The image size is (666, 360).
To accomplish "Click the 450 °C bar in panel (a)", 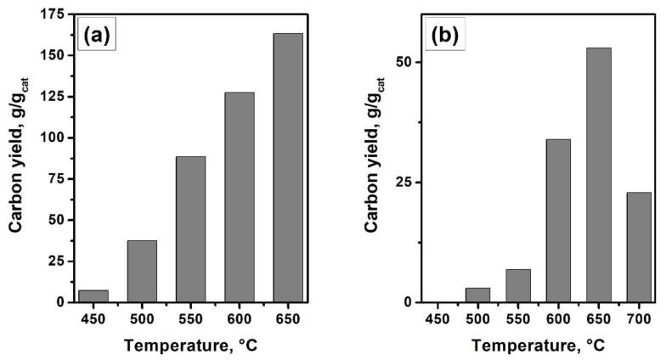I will tap(93, 295).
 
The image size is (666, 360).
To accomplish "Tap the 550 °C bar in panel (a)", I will tap(191, 229).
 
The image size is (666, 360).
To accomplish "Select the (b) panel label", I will tap(448, 37).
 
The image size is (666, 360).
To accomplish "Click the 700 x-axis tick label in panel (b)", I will tap(638, 318).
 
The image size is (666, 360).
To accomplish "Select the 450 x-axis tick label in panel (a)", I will tap(93, 318).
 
